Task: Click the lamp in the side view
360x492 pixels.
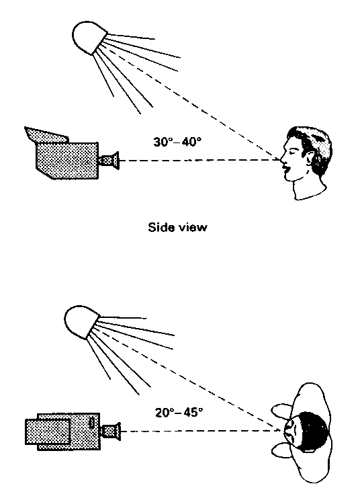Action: (89, 37)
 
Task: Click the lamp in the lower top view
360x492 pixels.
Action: (81, 322)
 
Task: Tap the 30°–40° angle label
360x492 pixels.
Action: (177, 142)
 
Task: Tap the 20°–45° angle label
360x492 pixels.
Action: (179, 412)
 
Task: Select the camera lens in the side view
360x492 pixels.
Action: (109, 161)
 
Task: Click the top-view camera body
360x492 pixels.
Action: (62, 432)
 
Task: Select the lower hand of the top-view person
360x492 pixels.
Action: (282, 450)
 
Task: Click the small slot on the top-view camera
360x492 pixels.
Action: (91, 422)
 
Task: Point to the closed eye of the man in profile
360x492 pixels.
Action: (294, 151)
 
